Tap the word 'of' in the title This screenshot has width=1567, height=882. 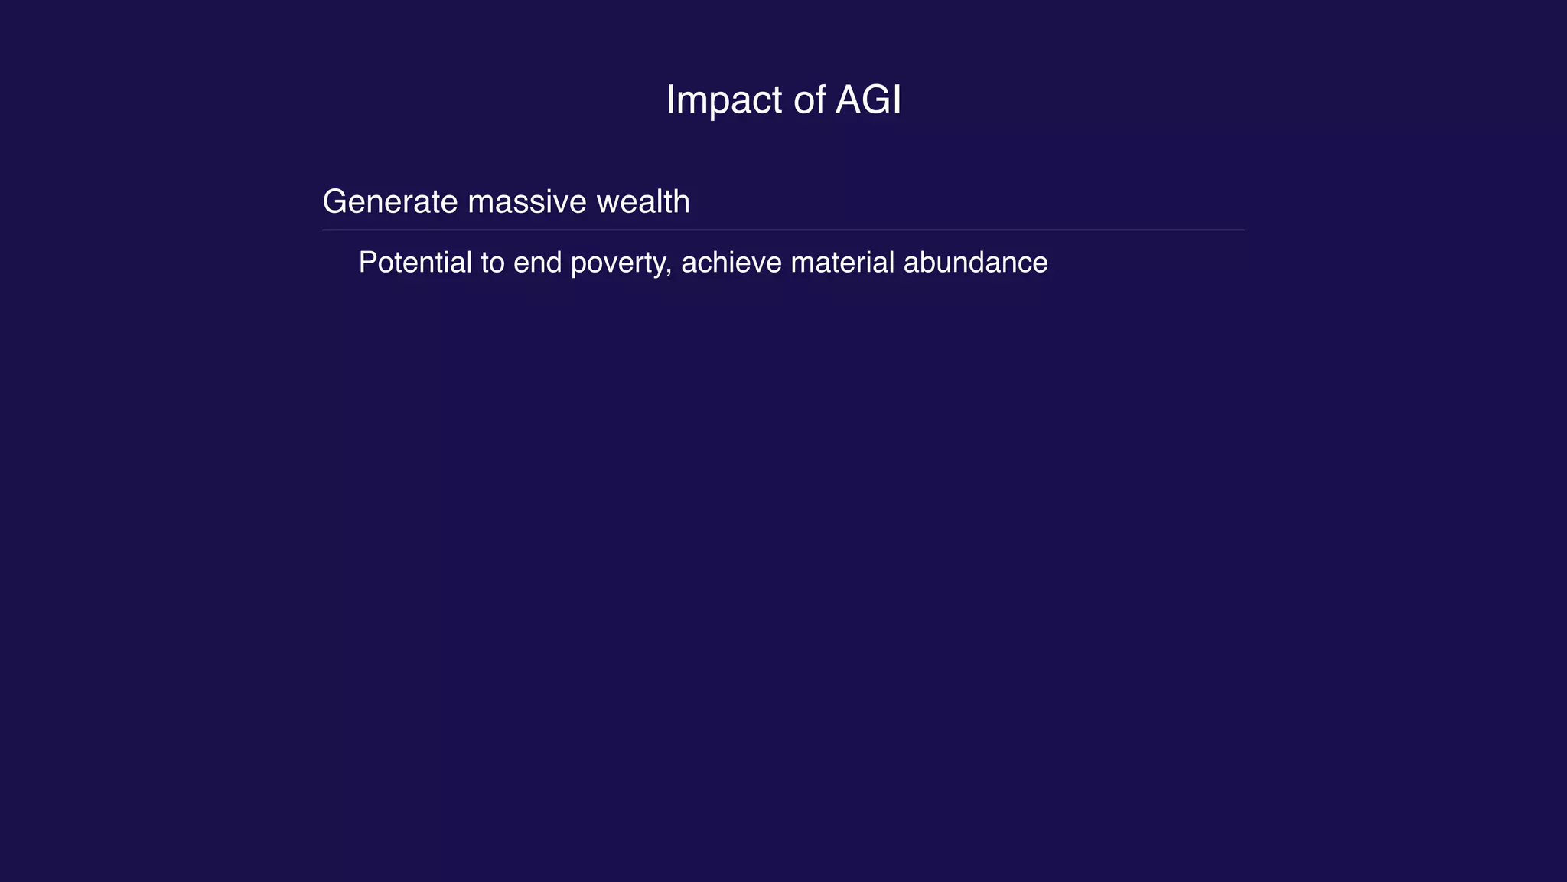(x=809, y=100)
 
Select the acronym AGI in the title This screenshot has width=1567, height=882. (x=868, y=100)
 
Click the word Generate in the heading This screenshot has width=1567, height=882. (x=390, y=202)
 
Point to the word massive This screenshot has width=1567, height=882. (x=528, y=202)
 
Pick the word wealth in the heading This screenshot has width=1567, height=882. (x=643, y=202)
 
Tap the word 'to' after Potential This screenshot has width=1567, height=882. (x=493, y=263)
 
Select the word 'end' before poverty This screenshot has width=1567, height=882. (x=538, y=263)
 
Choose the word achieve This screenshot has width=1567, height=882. (x=731, y=263)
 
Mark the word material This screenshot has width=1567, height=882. (x=842, y=263)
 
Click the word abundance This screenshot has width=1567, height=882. (x=976, y=263)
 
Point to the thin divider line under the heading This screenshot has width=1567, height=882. (x=783, y=230)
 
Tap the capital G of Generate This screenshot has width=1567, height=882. (x=335, y=202)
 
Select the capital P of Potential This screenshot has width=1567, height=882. (x=367, y=263)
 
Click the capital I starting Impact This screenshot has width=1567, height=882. (x=670, y=100)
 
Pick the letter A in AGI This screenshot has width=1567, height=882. (x=849, y=100)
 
